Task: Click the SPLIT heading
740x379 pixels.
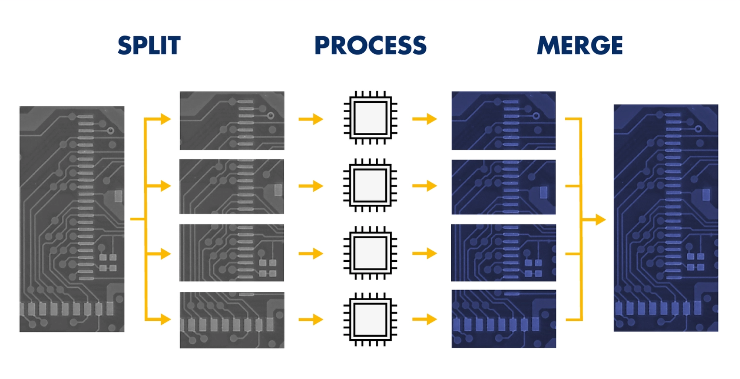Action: [x=149, y=45]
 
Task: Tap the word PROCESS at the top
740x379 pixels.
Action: [x=370, y=45]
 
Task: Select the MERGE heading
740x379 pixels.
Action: [x=580, y=45]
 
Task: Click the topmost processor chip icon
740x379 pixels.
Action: [x=370, y=118]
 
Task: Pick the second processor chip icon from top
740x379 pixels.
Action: [x=370, y=185]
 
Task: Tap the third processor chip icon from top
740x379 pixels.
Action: [x=370, y=253]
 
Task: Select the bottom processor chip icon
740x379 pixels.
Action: [x=370, y=320]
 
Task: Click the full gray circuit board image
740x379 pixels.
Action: [x=72, y=219]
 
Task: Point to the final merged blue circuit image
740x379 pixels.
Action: [x=666, y=218]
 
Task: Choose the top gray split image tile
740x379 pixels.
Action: [x=232, y=121]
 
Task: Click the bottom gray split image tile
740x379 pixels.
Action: [x=232, y=320]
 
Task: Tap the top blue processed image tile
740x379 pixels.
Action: [x=504, y=121]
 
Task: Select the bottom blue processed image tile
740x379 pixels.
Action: [x=504, y=319]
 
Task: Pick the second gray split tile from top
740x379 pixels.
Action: [x=232, y=186]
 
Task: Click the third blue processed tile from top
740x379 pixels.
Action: [x=504, y=253]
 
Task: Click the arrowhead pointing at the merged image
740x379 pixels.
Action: [x=601, y=219]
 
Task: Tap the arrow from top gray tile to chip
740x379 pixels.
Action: [x=311, y=119]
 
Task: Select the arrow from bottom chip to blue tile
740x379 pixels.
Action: [x=424, y=320]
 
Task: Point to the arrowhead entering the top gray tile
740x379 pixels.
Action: [x=166, y=119]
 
